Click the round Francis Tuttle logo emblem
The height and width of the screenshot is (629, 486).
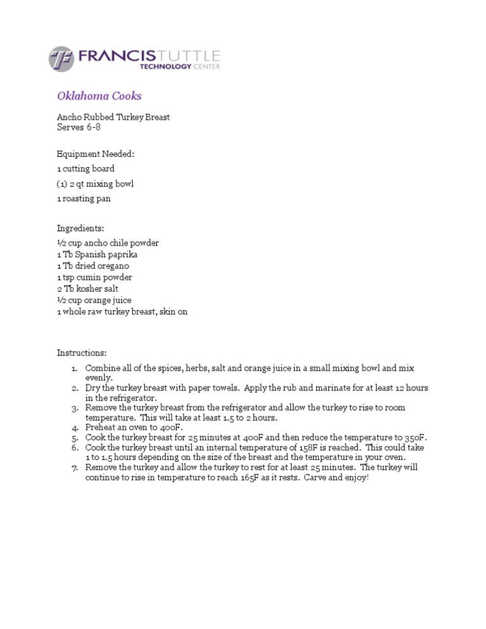coord(61,59)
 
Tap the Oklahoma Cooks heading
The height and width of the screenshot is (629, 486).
coord(99,96)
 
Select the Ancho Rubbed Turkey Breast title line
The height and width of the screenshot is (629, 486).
coord(113,117)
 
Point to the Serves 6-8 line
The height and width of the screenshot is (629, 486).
coord(79,127)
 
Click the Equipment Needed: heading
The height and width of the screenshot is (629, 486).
coord(96,154)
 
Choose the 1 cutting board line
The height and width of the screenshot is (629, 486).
coord(86,169)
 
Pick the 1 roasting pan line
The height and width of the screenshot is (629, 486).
coord(84,199)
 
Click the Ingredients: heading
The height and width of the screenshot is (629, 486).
coord(80,228)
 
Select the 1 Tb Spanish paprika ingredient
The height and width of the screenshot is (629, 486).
coord(97,254)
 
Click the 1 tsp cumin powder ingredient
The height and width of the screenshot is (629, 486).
coord(94,277)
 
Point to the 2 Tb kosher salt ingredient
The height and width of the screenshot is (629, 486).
coord(88,289)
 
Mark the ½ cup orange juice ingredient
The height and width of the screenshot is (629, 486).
coord(94,300)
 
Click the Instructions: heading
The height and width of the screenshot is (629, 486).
coord(82,352)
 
